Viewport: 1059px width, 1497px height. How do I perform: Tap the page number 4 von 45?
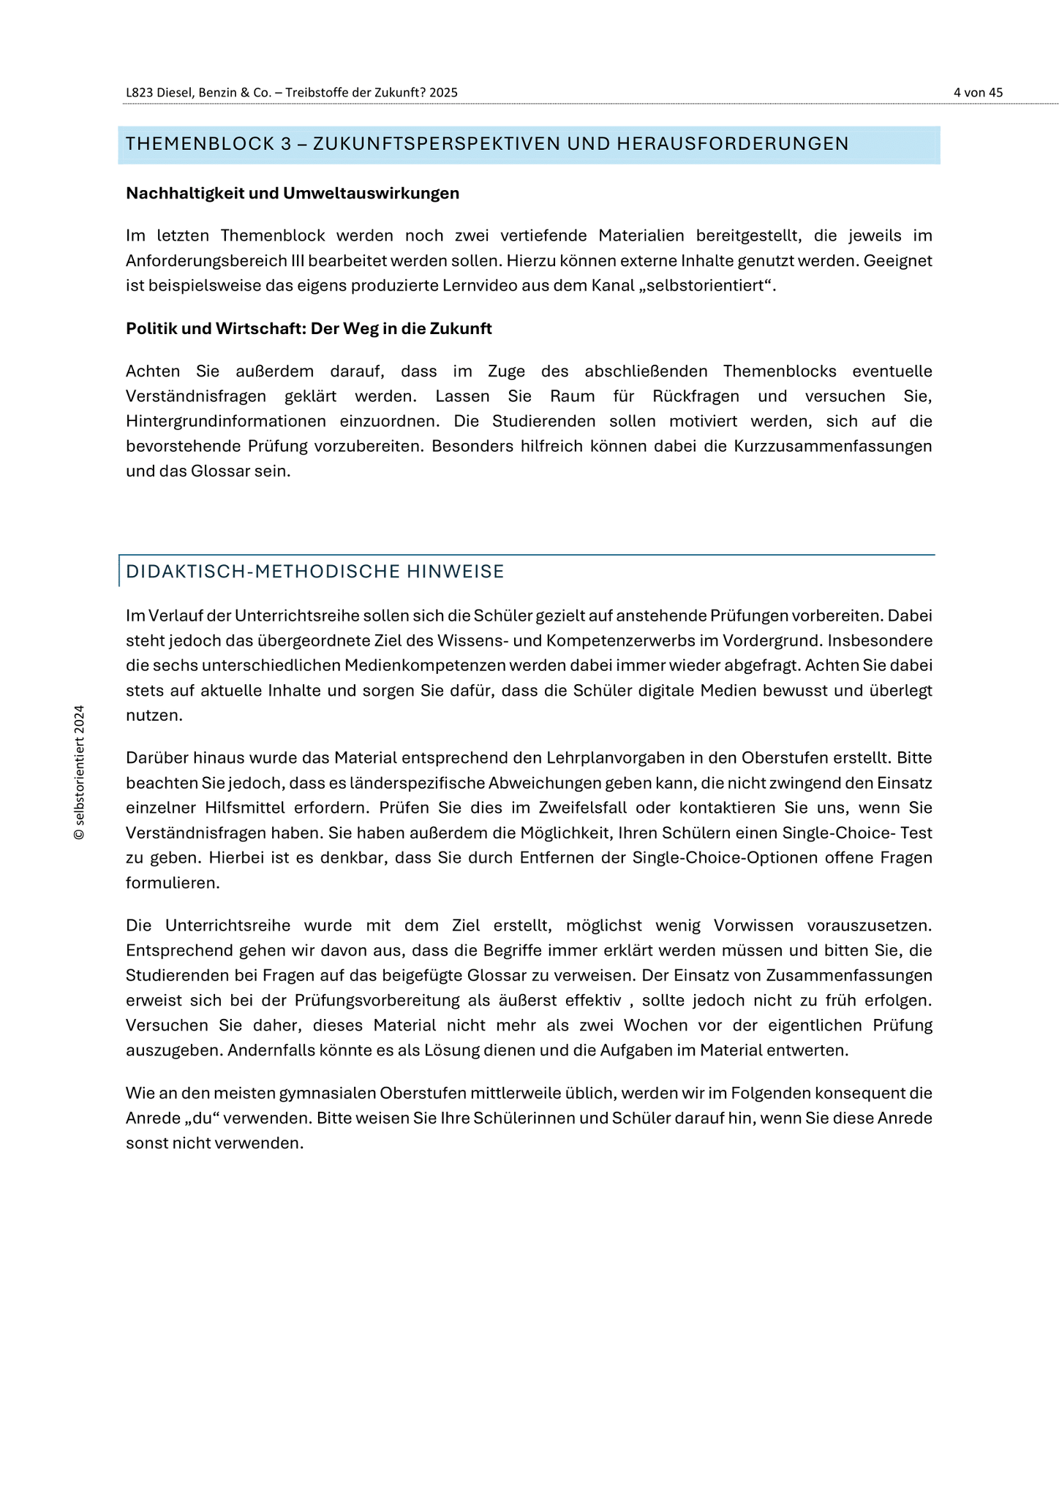(978, 93)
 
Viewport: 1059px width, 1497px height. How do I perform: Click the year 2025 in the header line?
(444, 93)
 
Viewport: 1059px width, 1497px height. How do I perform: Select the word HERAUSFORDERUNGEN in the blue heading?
(732, 144)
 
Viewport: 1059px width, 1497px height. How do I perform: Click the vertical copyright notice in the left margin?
(80, 773)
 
